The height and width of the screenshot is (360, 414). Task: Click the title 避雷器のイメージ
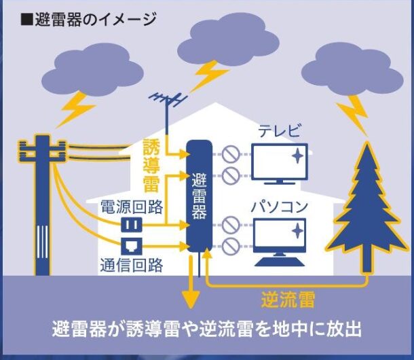[88, 18]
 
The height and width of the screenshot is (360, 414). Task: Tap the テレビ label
[278, 130]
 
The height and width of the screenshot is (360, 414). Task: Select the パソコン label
[278, 206]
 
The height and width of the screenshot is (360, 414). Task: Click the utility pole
[42, 204]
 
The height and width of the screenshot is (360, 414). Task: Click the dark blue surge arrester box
[198, 197]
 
